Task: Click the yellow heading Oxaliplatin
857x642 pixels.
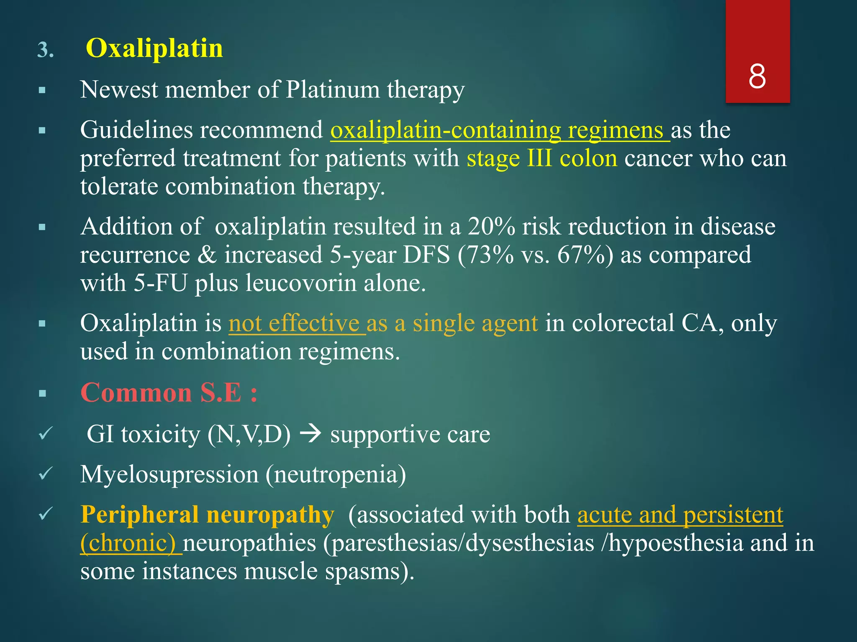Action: pos(154,48)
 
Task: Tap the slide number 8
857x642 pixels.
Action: pos(757,76)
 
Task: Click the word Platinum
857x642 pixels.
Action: pos(332,89)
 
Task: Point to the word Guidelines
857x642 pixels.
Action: pos(136,130)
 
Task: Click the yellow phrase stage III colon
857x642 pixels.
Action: pos(541,159)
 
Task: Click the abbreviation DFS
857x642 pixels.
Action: pos(426,255)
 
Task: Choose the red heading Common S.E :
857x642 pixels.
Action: pos(169,393)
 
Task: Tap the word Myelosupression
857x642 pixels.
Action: pos(169,474)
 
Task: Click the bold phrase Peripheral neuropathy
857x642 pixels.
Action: pos(207,515)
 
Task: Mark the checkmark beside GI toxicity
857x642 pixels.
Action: pos(45,433)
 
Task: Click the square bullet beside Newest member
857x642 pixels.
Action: pos(42,90)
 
